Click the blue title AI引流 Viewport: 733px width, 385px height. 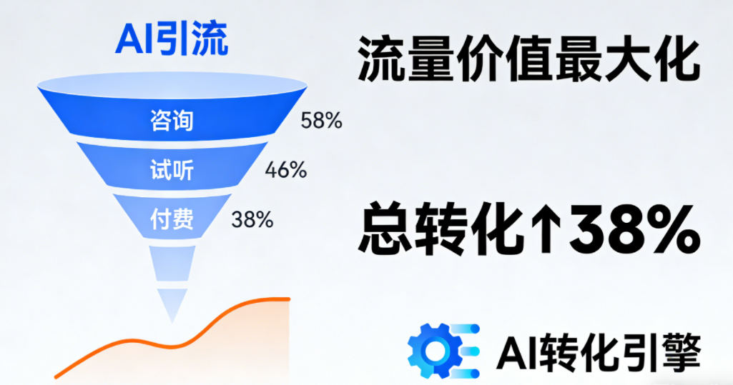(x=172, y=39)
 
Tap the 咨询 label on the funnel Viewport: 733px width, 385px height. (x=172, y=121)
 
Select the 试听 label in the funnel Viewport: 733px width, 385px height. (x=172, y=170)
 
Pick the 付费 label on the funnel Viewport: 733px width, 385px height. (x=172, y=219)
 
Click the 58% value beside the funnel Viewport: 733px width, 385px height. (x=322, y=121)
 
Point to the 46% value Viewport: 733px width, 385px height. (x=286, y=170)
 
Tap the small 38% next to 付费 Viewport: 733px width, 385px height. (x=252, y=219)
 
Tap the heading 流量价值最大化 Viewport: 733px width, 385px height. (x=528, y=61)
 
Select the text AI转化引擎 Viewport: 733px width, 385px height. (x=599, y=351)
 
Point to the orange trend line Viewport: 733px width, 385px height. (x=186, y=344)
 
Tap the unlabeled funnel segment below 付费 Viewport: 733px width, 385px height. (x=172, y=263)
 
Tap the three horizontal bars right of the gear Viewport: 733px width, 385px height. (x=468, y=351)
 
